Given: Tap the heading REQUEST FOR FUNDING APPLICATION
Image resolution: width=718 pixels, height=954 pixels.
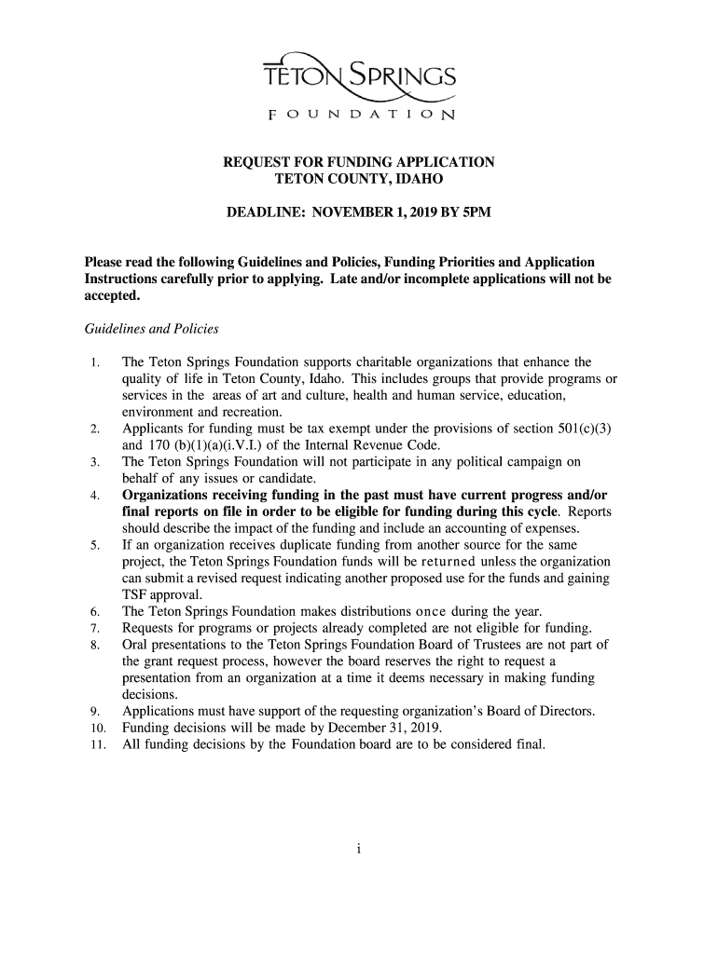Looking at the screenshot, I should click(359, 162).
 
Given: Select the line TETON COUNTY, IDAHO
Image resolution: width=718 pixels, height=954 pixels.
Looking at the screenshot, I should click(359, 178).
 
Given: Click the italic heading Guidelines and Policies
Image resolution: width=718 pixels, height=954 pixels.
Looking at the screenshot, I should click(151, 329).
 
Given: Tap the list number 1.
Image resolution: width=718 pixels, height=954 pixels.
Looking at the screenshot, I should click(95, 362).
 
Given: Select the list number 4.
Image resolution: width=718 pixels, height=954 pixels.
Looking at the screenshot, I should click(95, 496).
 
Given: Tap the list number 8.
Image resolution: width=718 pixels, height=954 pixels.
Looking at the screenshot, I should click(95, 646).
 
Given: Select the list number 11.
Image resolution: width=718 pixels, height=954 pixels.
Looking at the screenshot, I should click(97, 745).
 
